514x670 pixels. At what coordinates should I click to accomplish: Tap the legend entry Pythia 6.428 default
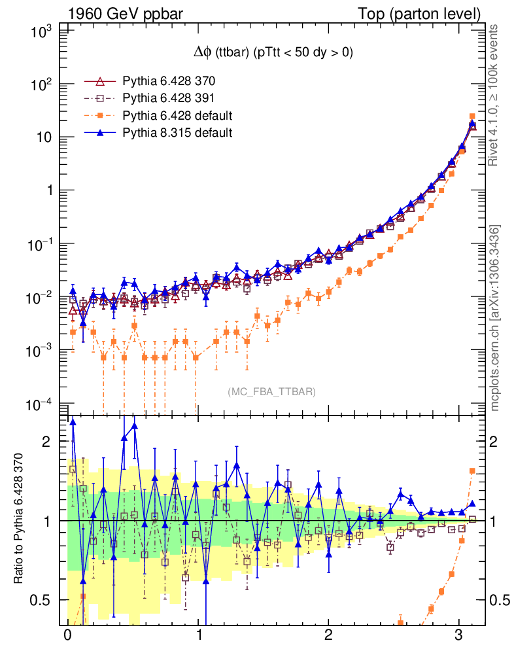(177, 116)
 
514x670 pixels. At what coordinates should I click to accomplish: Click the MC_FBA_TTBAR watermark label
(272, 392)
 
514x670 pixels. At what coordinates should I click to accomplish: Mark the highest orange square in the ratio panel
(472, 470)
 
